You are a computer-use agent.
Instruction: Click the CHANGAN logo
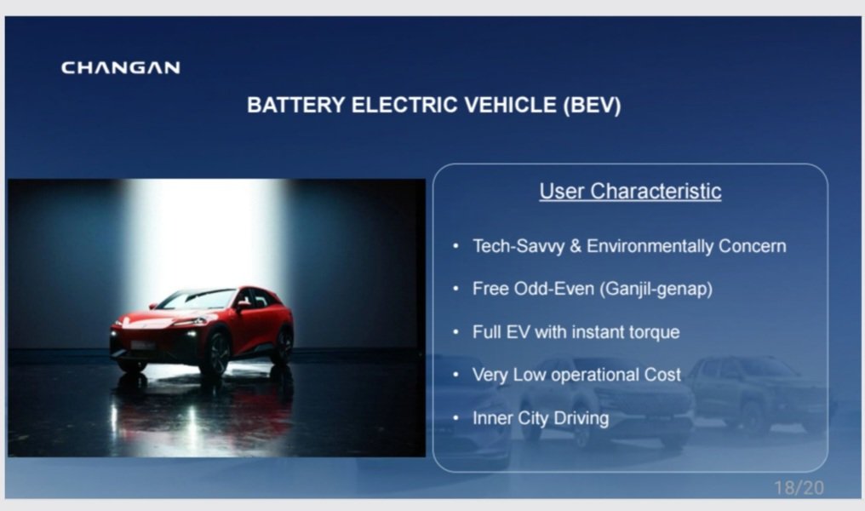(120, 67)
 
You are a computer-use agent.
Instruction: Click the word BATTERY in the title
(296, 105)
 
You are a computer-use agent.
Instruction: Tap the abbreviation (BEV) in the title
(593, 105)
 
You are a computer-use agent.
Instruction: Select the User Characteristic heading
(630, 191)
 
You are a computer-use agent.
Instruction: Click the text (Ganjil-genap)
(656, 289)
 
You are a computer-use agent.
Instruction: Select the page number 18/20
(799, 487)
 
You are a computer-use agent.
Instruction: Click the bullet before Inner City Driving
(455, 417)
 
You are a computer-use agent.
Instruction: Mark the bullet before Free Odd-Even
(455, 288)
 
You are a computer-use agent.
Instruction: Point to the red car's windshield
(198, 300)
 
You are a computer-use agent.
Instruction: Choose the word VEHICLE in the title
(510, 105)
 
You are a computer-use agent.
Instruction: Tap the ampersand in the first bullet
(576, 246)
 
